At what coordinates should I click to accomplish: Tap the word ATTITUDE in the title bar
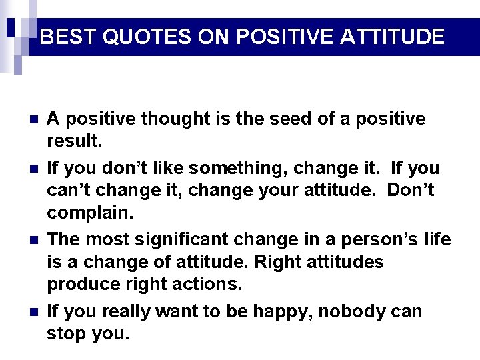pos(392,36)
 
